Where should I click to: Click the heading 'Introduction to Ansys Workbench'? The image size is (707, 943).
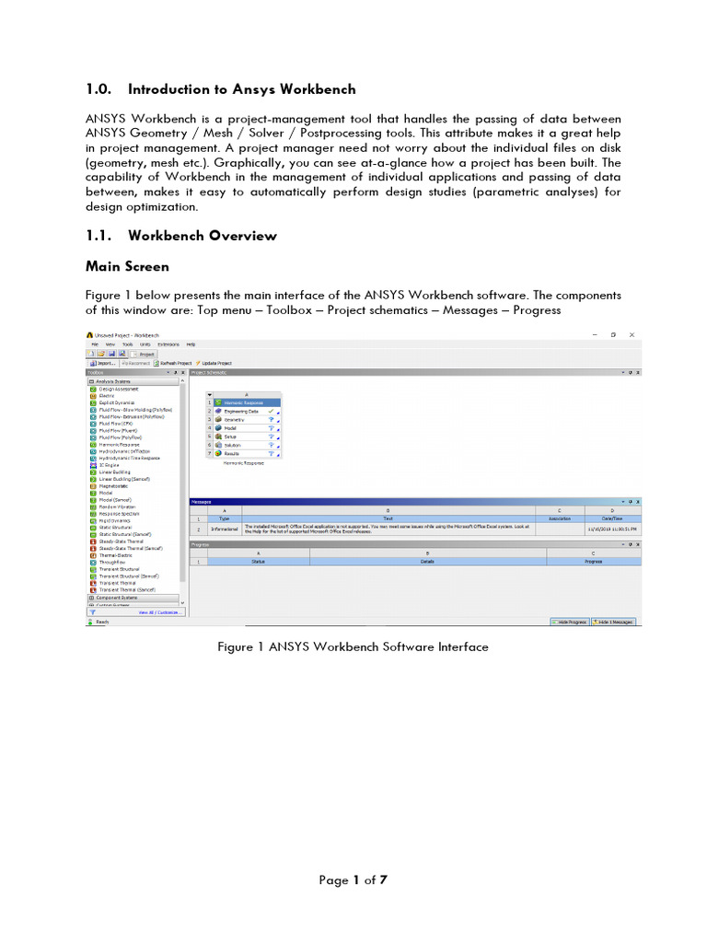point(241,89)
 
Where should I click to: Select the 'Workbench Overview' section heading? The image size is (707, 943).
point(202,236)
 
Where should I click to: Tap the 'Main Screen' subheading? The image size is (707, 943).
point(127,266)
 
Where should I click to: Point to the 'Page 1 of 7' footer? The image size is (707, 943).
point(353,880)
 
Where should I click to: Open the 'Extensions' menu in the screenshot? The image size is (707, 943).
point(168,343)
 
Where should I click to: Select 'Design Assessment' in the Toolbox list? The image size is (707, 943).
point(119,390)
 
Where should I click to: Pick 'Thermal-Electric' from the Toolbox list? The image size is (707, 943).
point(118,555)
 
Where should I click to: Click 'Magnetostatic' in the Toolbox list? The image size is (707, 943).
point(115,486)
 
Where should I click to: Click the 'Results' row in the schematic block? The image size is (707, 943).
point(233,453)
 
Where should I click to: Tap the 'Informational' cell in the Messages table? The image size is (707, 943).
point(225,530)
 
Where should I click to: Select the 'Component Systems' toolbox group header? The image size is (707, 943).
point(124,597)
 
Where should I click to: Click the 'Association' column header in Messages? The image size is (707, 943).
point(559,518)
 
